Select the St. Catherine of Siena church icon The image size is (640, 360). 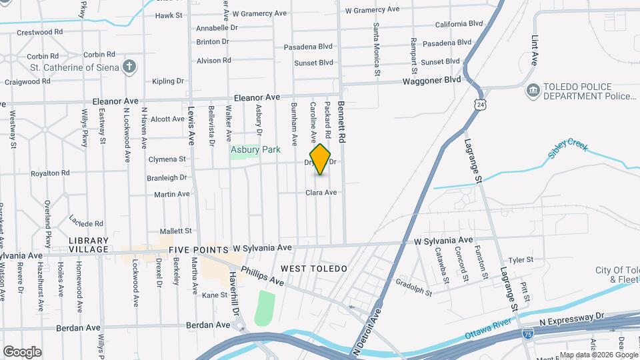coord(130,67)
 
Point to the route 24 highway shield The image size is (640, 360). coord(480,105)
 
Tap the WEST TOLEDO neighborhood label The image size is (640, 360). coord(314,268)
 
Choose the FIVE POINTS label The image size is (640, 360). coord(197,249)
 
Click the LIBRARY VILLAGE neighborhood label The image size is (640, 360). coord(89,245)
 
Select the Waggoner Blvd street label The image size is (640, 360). coord(431,80)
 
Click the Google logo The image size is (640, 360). coord(22,351)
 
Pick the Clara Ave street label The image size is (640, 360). coord(321,193)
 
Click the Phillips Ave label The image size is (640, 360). coord(263,276)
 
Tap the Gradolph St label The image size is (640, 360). coord(415,287)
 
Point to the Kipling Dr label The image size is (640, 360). coord(167,81)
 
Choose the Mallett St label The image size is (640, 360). coord(175,231)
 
